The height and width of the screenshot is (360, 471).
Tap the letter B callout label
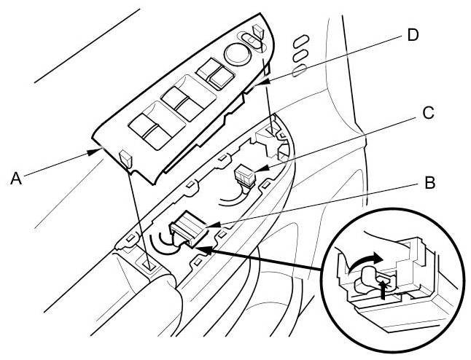429,182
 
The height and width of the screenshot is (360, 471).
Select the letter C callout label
428,113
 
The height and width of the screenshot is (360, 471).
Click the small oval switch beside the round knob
249,44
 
